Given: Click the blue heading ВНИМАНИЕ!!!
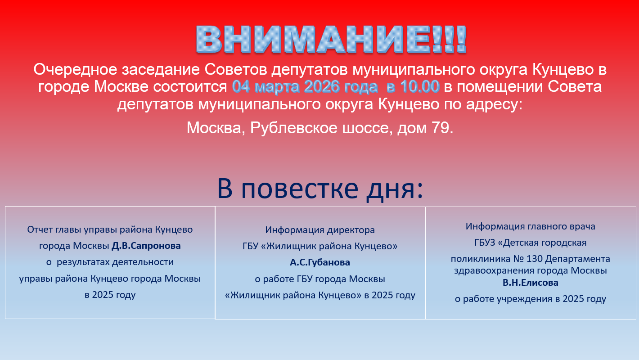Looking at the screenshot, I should (x=331, y=40).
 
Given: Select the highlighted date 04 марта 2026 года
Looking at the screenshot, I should (x=305, y=86).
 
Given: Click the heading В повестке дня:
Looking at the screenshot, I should (x=320, y=189).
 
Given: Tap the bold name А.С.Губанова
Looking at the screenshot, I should (x=320, y=262).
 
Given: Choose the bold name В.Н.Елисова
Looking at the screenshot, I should (x=531, y=283).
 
